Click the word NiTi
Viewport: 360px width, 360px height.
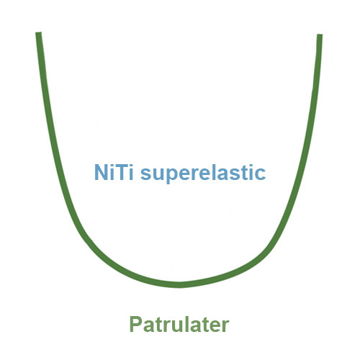(114, 172)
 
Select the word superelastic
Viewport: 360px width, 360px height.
(203, 174)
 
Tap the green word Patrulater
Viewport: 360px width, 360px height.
(179, 324)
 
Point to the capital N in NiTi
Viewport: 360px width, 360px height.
(101, 172)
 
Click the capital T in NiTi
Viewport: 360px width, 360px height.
(122, 172)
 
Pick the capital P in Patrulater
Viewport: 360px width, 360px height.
(136, 324)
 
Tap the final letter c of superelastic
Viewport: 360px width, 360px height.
(260, 174)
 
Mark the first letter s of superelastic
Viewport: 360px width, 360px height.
(146, 174)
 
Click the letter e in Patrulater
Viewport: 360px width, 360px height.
(215, 326)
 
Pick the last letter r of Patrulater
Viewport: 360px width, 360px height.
(226, 326)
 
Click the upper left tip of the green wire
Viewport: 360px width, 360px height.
(39, 32)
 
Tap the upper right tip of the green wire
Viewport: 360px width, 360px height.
(320, 35)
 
